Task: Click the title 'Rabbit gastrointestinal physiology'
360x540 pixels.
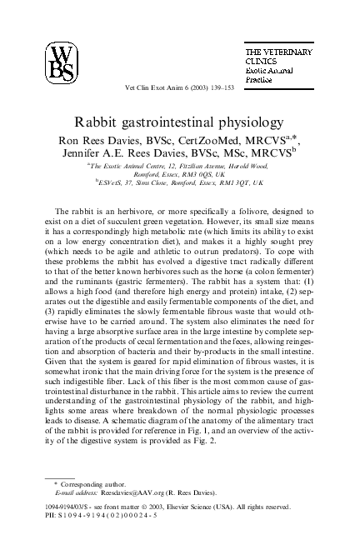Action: tap(180, 122)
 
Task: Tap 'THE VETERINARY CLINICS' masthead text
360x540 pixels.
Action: tap(278, 56)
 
